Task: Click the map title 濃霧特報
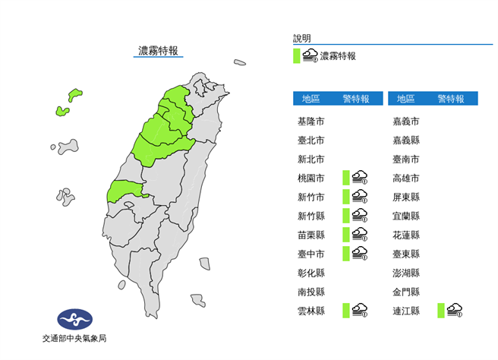(x=158, y=51)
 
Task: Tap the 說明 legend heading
(x=302, y=38)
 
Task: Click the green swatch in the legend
(x=297, y=55)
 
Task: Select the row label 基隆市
(x=311, y=122)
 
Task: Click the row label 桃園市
(x=311, y=178)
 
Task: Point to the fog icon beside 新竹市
(x=359, y=197)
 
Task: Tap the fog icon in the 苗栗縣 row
(x=359, y=235)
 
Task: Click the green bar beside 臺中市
(x=345, y=254)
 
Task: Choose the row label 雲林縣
(x=311, y=310)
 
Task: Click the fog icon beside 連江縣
(x=455, y=310)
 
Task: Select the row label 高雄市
(x=405, y=178)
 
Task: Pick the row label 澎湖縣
(x=405, y=273)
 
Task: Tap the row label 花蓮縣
(x=405, y=235)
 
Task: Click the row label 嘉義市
(x=405, y=122)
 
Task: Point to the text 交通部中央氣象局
(x=74, y=339)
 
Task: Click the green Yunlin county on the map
(x=124, y=190)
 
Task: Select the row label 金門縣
(x=405, y=292)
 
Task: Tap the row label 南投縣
(x=311, y=292)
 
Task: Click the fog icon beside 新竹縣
(x=359, y=216)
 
